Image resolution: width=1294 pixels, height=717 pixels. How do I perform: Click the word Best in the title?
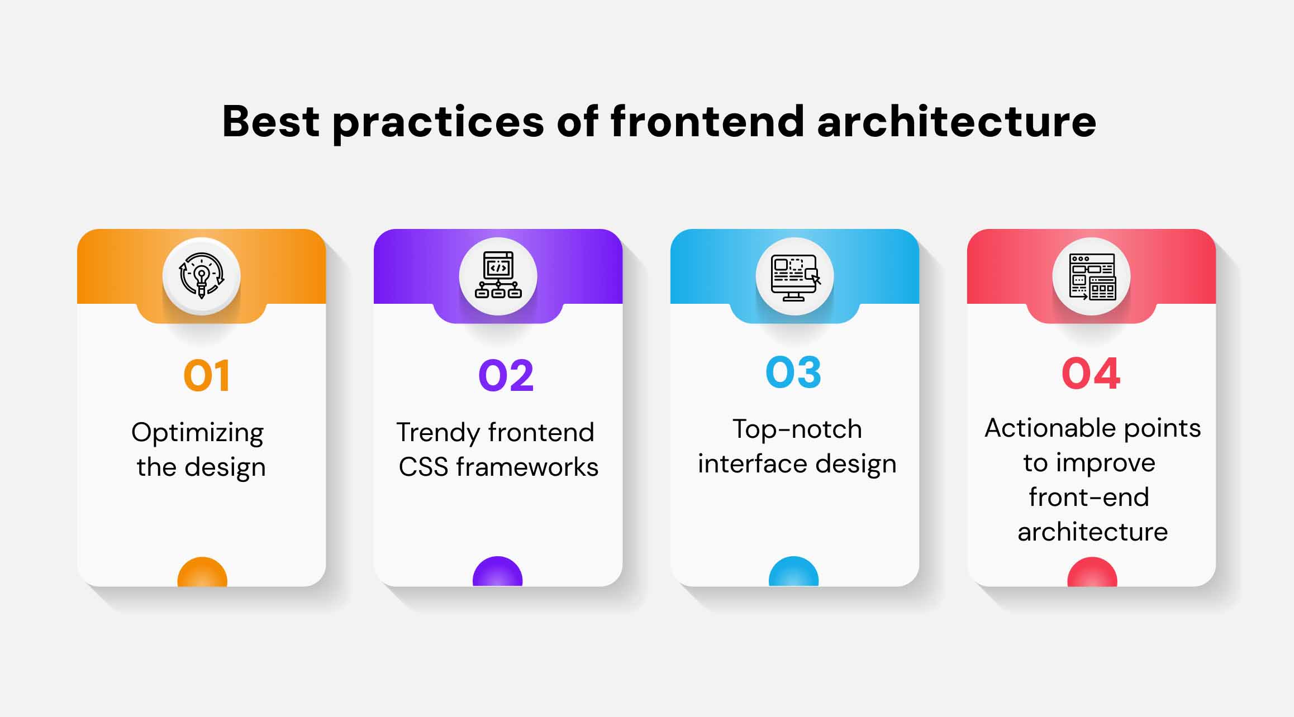pyautogui.click(x=271, y=121)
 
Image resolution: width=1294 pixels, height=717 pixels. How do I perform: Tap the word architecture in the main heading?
pyautogui.click(x=957, y=121)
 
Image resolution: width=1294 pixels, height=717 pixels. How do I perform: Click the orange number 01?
pyautogui.click(x=206, y=375)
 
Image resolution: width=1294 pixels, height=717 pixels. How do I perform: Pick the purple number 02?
pyautogui.click(x=506, y=375)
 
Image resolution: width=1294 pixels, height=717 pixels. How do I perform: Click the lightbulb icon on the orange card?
pyautogui.click(x=202, y=275)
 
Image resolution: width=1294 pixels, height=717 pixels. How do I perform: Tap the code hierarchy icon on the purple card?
pyautogui.click(x=498, y=275)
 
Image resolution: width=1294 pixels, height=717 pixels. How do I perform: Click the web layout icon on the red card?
pyautogui.click(x=1092, y=276)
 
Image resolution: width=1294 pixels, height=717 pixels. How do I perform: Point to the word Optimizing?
pyautogui.click(x=197, y=433)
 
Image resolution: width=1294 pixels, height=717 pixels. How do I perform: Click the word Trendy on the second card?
pyautogui.click(x=437, y=433)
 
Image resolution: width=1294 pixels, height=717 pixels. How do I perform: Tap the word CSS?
pyautogui.click(x=424, y=467)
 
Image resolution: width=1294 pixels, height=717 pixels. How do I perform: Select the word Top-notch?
pyautogui.click(x=797, y=429)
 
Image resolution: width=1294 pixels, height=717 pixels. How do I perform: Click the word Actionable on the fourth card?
pyautogui.click(x=1049, y=428)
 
